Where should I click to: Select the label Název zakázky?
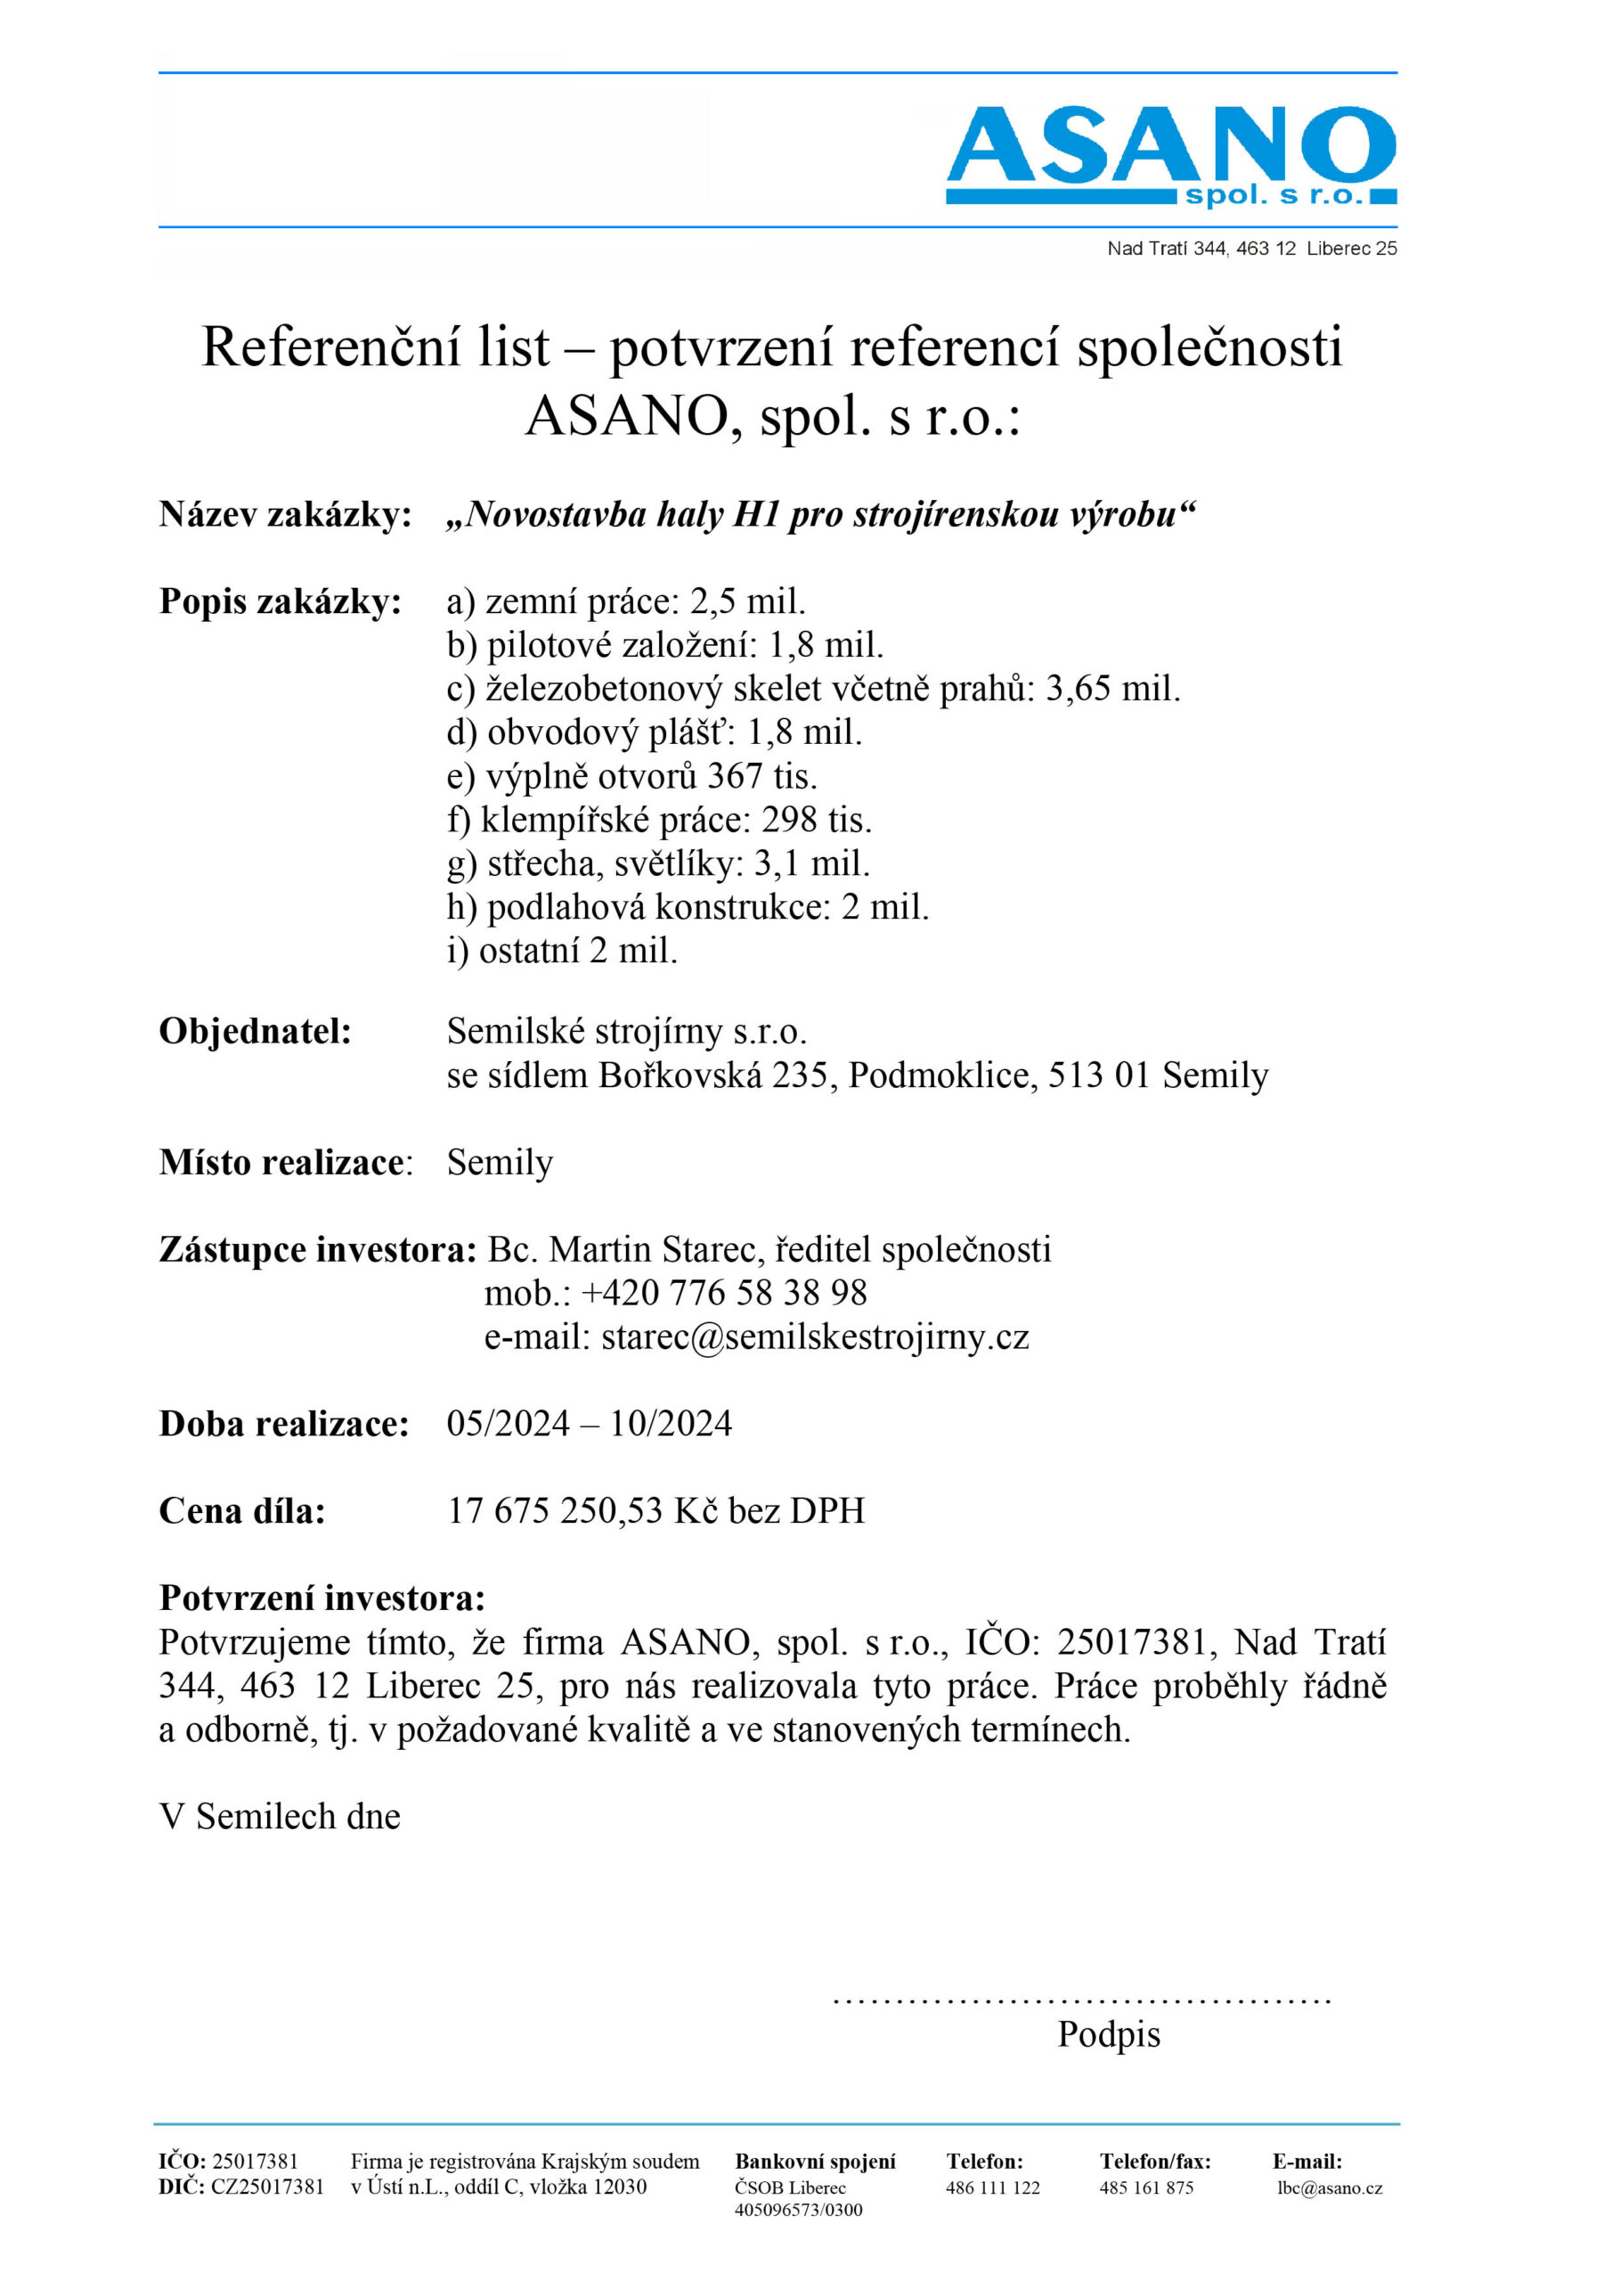285,515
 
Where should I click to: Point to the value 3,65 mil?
1112,689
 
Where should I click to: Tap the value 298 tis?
817,820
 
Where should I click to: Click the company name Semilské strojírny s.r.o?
626,1031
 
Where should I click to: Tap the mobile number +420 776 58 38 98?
723,1293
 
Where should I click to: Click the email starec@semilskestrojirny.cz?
814,1337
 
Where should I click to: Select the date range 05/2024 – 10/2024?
589,1424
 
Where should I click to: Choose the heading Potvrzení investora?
322,1598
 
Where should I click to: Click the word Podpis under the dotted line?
1109,2033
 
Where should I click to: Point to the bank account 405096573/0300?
799,2210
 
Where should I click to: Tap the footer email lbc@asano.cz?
1329,2187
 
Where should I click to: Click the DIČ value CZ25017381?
267,2187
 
